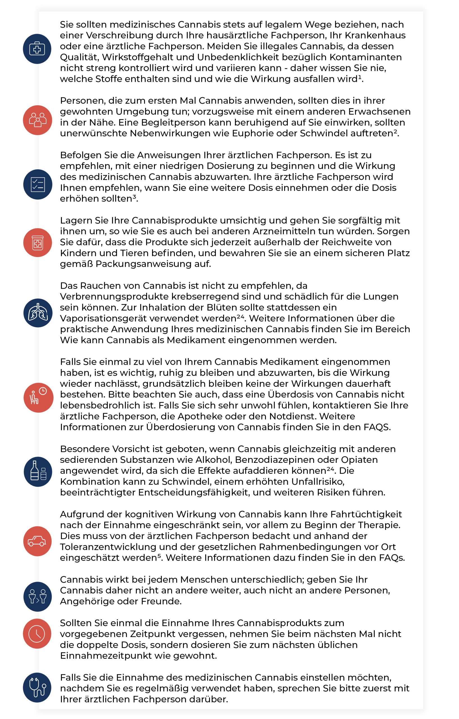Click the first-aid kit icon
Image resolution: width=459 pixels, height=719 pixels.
tap(37, 49)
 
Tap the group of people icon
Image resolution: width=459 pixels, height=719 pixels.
tap(38, 120)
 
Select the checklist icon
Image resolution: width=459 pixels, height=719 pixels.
tap(38, 184)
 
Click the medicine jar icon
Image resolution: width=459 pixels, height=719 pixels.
tap(38, 242)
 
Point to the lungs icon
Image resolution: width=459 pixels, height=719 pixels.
tap(38, 313)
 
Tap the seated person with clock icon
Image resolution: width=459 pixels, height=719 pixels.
tap(38, 397)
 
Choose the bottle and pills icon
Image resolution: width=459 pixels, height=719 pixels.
tap(38, 472)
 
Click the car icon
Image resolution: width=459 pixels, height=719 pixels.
tap(37, 541)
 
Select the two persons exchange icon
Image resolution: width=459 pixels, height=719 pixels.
tap(38, 596)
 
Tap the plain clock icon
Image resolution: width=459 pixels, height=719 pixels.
tap(37, 634)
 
